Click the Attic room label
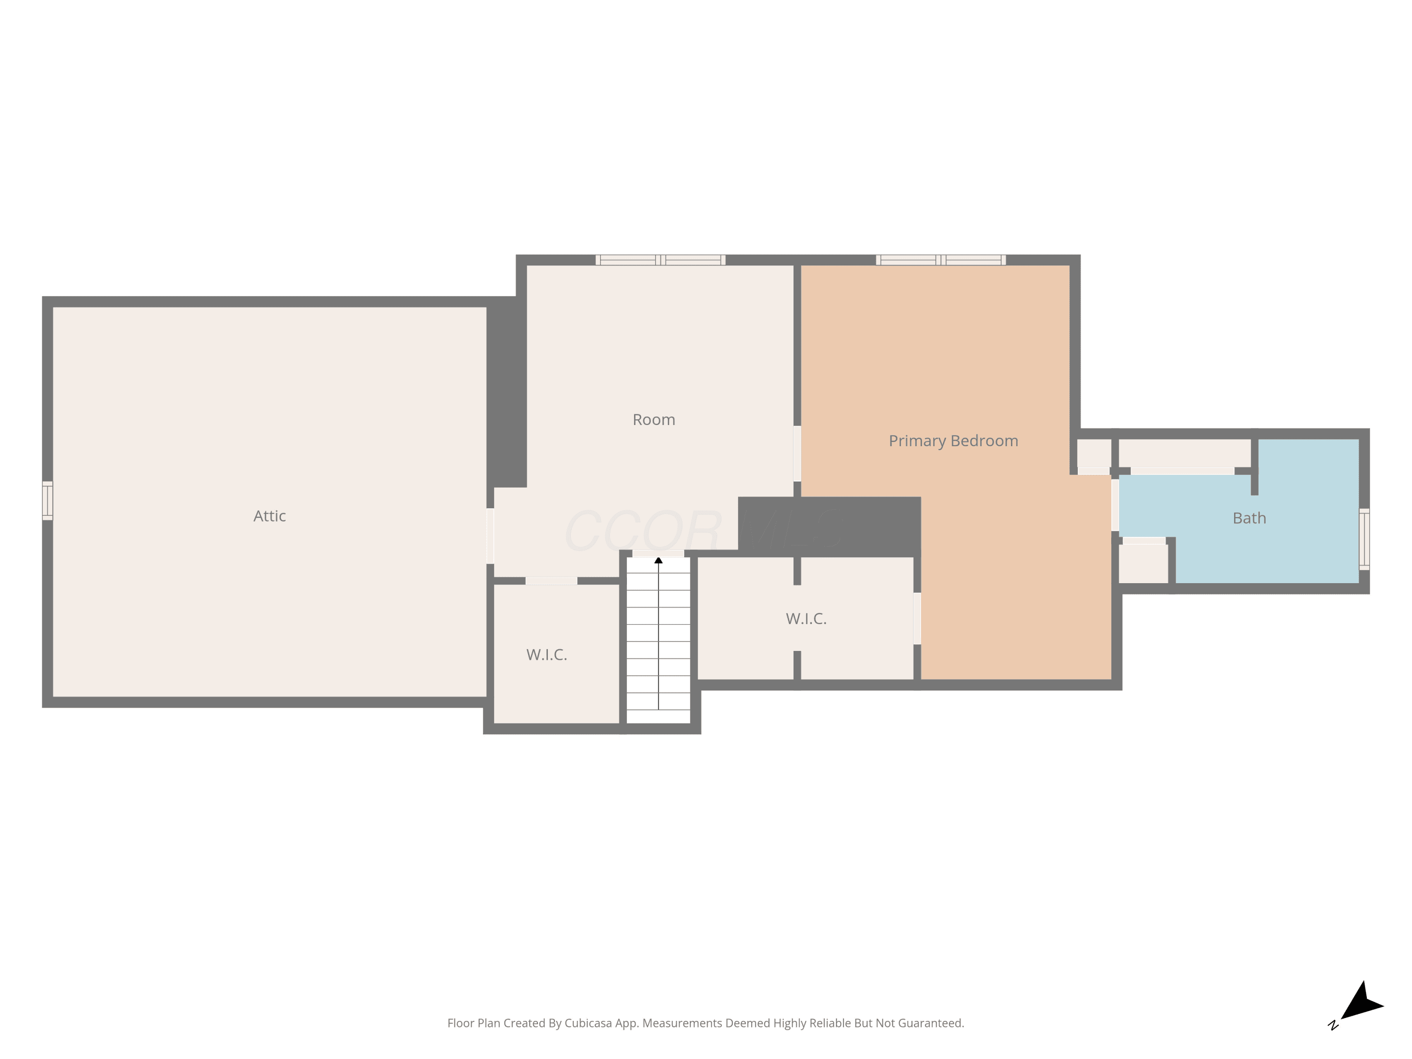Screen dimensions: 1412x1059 click(269, 516)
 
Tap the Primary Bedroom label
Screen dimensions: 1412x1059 click(953, 441)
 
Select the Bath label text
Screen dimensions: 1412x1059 click(1249, 518)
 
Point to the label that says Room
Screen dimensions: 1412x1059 click(654, 419)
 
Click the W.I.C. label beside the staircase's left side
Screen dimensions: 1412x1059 click(546, 654)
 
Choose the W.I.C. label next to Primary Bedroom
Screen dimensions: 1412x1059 click(806, 618)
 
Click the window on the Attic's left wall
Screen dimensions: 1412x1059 click(47, 500)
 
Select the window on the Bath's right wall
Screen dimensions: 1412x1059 click(1364, 539)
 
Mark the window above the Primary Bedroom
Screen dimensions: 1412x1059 click(941, 260)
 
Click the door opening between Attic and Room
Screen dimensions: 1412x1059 click(490, 536)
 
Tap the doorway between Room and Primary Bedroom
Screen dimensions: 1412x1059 click(797, 454)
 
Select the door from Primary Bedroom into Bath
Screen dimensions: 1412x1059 click(1115, 505)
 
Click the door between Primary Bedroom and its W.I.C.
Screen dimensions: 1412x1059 click(917, 618)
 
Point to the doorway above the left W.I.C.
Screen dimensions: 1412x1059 click(552, 581)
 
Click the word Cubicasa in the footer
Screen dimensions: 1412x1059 click(588, 1023)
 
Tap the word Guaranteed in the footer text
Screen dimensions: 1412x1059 click(931, 1023)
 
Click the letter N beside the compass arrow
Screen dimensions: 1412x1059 click(1333, 1025)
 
